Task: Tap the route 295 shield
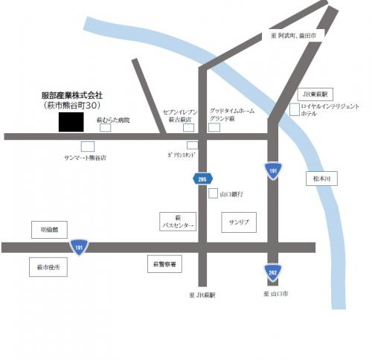(202, 178)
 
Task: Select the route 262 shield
(272, 271)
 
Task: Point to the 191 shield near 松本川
(272, 170)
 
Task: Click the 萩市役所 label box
(49, 266)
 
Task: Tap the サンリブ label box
(239, 222)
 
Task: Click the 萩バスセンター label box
(179, 222)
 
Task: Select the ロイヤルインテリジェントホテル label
(330, 111)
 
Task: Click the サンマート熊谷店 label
(85, 158)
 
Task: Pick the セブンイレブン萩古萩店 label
(178, 115)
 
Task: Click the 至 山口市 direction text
(276, 295)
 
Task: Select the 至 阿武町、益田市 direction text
(295, 35)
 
